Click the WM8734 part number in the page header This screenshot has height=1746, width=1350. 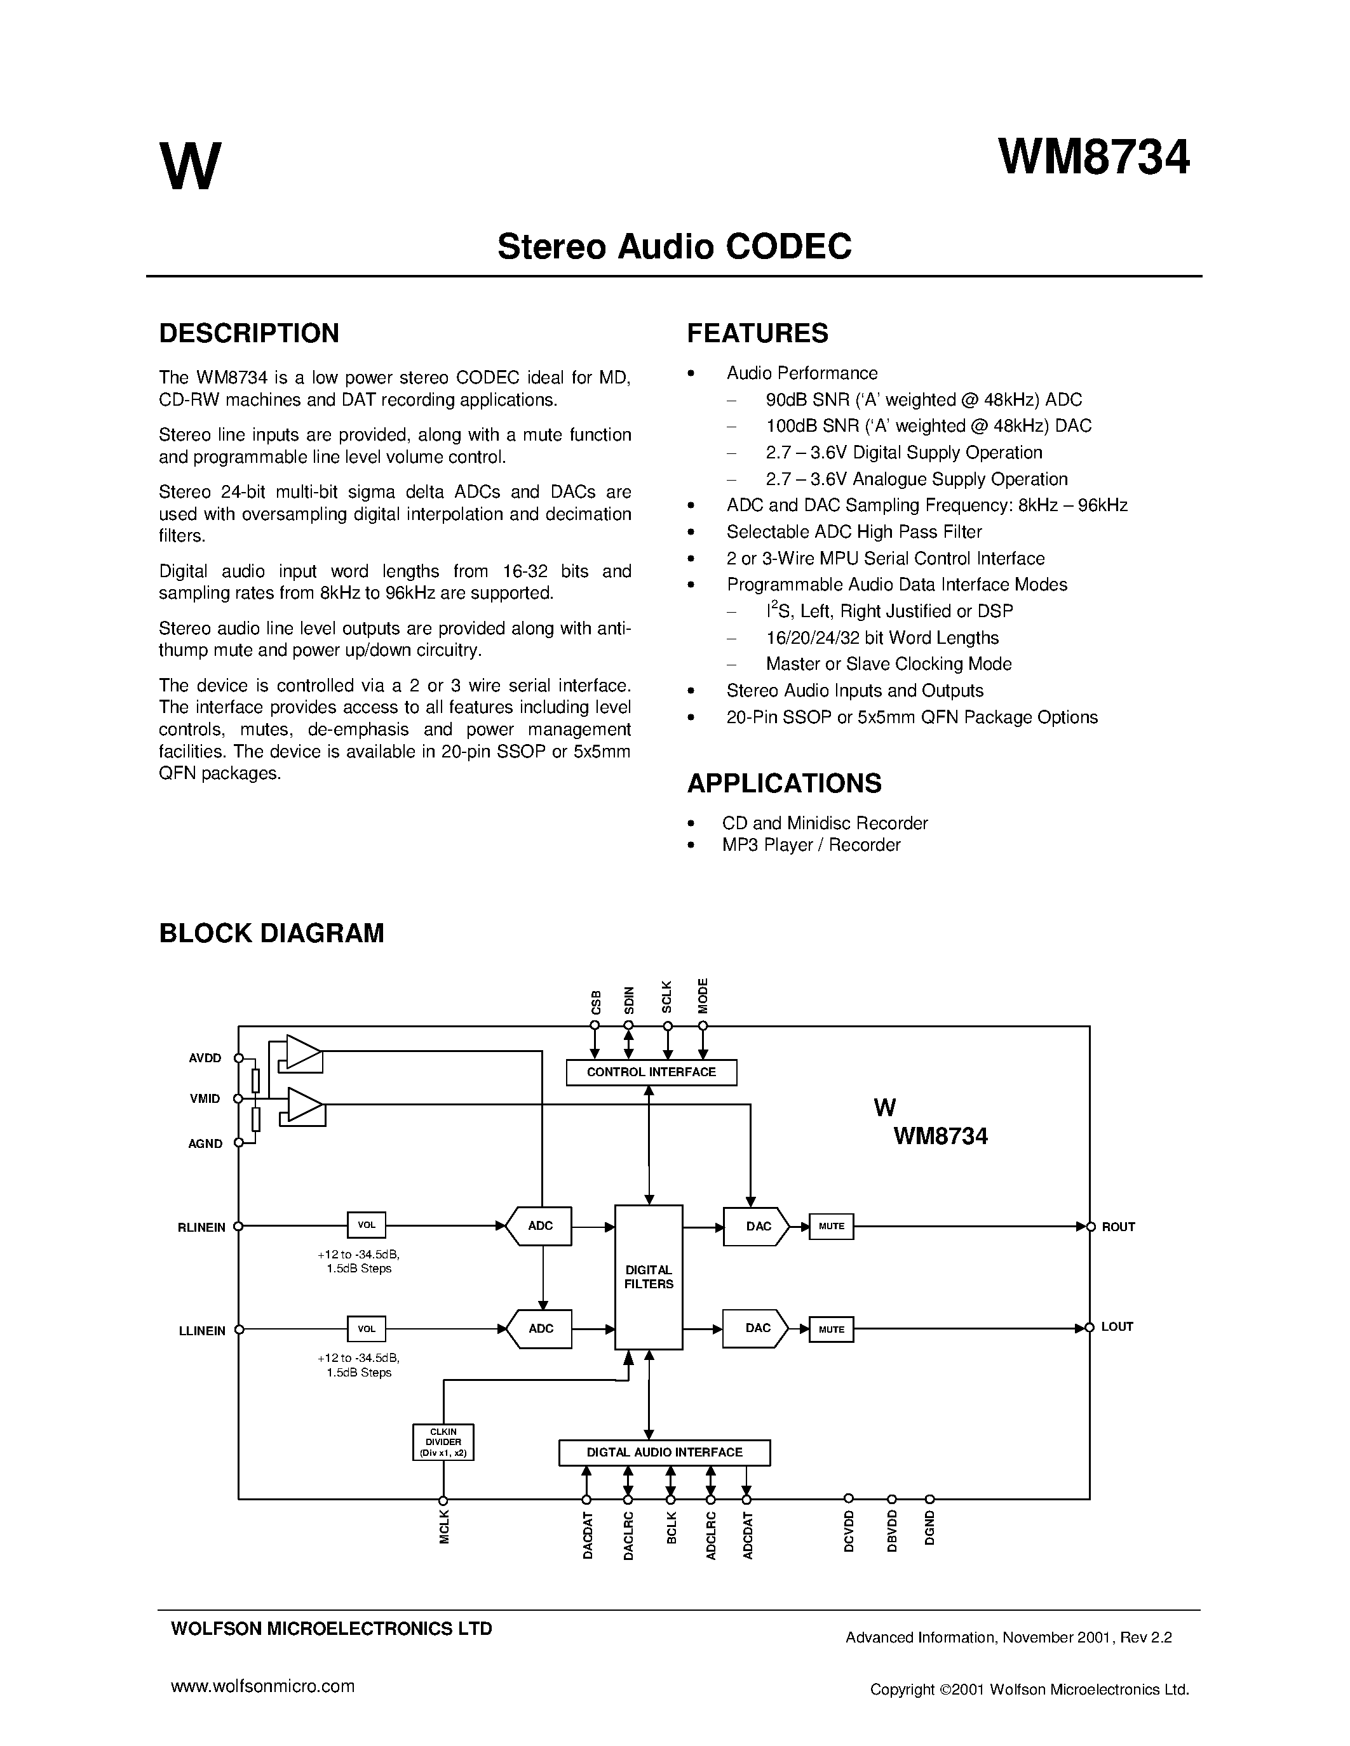pos(1093,157)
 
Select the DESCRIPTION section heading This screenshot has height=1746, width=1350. pos(249,333)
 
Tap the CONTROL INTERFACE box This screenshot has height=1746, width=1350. pos(651,1072)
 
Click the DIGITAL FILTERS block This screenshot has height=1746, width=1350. pos(649,1277)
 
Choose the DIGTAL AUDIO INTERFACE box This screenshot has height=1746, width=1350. pos(664,1453)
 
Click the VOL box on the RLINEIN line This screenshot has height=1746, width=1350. pos(367,1225)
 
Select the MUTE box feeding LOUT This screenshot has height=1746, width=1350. pos(831,1329)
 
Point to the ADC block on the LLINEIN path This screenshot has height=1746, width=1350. pos(541,1329)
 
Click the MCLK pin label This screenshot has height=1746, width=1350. pos(445,1527)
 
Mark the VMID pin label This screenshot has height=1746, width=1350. pos(205,1098)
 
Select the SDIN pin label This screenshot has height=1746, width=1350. pos(630,999)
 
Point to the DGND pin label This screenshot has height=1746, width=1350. pos(930,1527)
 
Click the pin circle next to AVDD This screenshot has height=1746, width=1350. pos(238,1058)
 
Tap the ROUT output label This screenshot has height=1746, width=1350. pos(1118,1227)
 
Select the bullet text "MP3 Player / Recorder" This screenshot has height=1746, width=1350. pos(811,845)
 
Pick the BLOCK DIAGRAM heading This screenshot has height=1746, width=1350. pos(271,933)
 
